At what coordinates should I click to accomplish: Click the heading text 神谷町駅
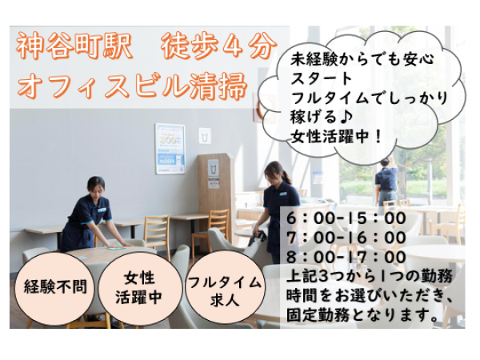point(74,46)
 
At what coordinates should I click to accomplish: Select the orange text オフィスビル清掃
point(132,85)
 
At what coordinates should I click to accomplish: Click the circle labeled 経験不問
point(55,287)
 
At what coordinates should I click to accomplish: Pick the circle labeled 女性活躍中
point(139,288)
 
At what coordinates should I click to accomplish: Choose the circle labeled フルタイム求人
point(225,288)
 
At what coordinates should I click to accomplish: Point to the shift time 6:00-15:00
point(346,218)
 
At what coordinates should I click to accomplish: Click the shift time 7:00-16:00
point(346,238)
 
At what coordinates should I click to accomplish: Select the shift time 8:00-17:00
point(346,257)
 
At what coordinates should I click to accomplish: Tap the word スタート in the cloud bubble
point(322,78)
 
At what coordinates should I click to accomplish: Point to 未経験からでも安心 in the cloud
point(362,59)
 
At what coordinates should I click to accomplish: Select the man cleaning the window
point(386,182)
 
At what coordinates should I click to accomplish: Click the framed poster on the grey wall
point(170,149)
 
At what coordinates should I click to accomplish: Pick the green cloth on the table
point(118,246)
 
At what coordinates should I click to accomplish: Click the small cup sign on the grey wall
point(205,136)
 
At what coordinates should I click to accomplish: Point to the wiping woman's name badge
point(102,210)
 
